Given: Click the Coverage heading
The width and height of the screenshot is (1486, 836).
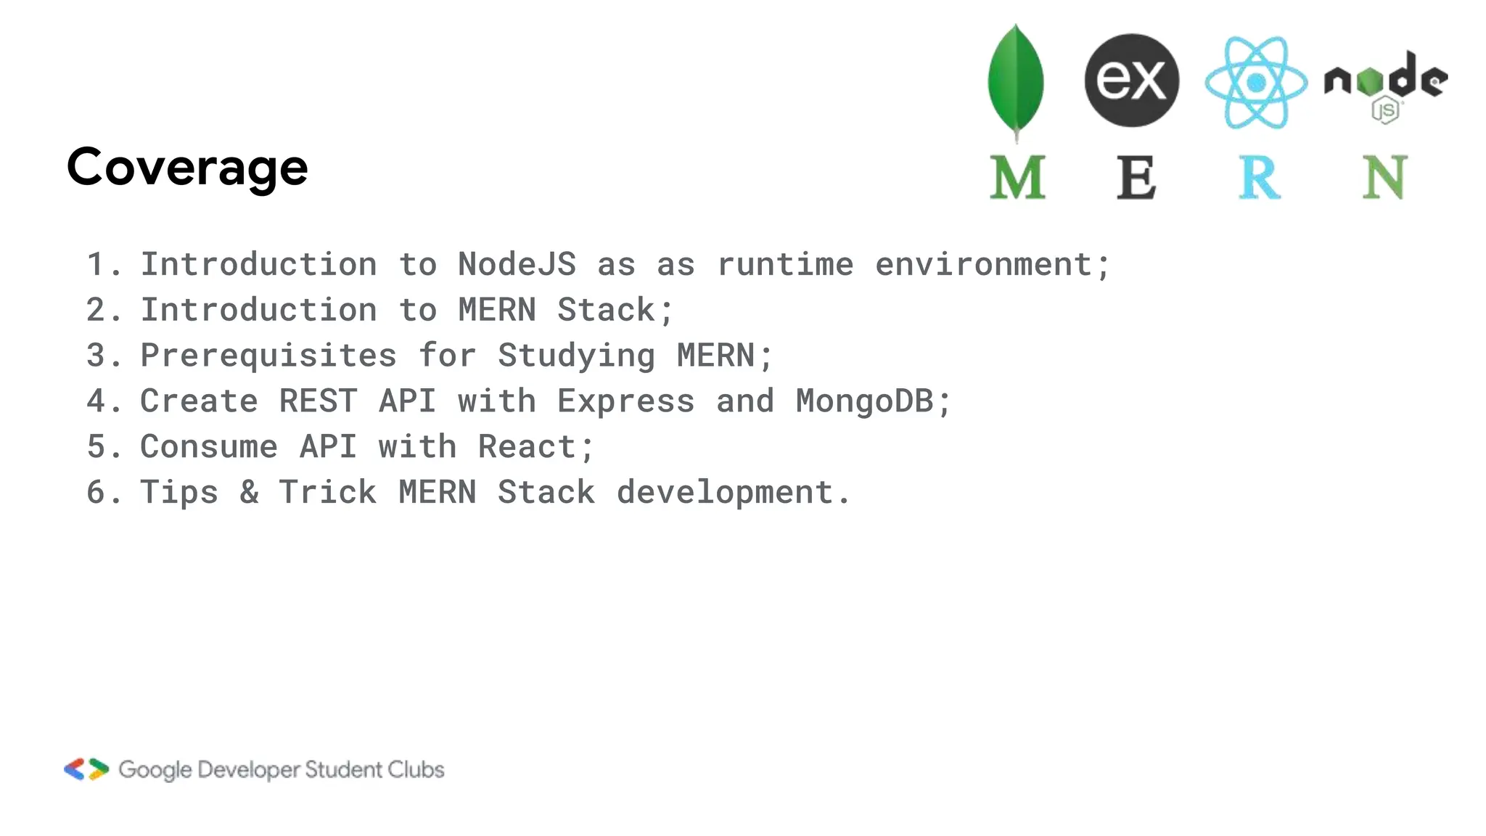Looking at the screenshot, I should click(x=187, y=168).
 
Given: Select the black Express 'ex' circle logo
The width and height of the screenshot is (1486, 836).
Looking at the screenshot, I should click(x=1131, y=80).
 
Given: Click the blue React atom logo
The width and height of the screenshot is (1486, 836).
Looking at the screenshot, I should click(x=1256, y=83).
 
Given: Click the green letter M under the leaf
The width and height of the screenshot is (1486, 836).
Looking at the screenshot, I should click(x=1017, y=177).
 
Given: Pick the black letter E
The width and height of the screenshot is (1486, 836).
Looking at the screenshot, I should click(x=1136, y=177).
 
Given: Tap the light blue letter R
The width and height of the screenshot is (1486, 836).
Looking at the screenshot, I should click(x=1259, y=177).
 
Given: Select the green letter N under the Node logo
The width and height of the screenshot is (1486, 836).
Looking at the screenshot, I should click(x=1384, y=177).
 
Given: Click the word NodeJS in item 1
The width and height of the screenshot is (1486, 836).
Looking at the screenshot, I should click(x=517, y=264).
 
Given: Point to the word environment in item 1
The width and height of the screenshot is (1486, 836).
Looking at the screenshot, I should click(x=992, y=264).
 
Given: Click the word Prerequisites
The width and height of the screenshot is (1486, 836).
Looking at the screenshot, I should click(x=268, y=356).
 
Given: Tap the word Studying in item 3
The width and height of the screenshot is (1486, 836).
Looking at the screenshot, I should click(x=576, y=356).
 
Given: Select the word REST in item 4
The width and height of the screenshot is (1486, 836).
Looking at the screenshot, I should click(x=318, y=401).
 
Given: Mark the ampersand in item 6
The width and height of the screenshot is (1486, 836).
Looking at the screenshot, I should click(x=249, y=493).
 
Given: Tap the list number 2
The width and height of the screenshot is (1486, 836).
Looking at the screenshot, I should click(x=97, y=310).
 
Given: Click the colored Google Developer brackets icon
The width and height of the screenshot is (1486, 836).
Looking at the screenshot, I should click(x=86, y=769).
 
